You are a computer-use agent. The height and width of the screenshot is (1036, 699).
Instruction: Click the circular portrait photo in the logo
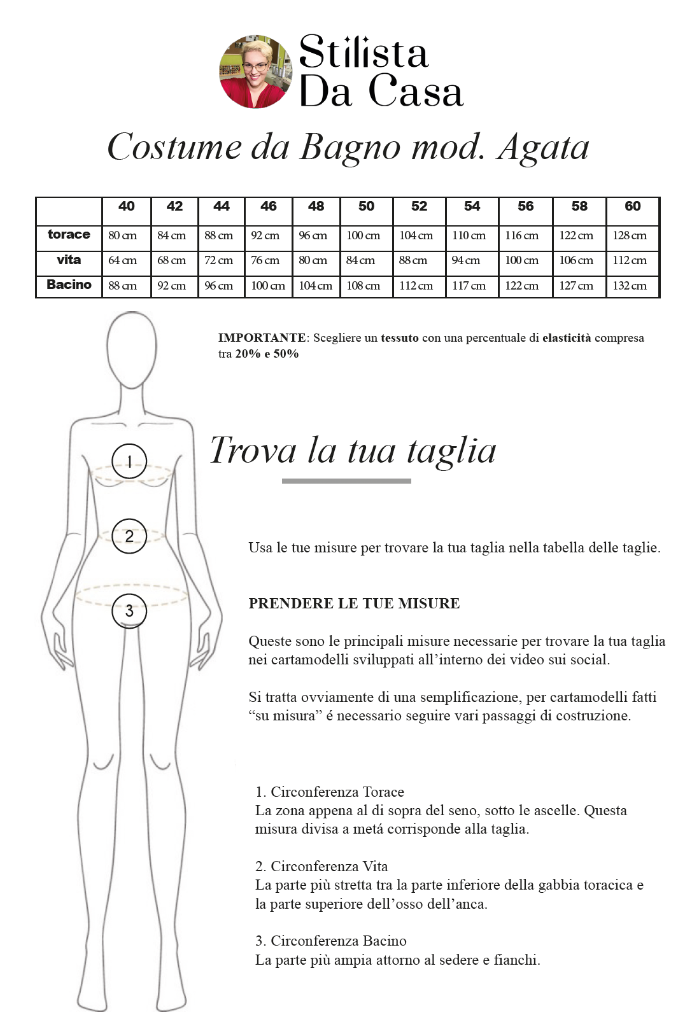point(255,71)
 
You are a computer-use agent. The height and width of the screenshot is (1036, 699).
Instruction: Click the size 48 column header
point(316,206)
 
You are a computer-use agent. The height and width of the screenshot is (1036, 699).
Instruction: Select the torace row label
point(69,234)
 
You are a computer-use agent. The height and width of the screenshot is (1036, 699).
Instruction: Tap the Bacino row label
point(69,284)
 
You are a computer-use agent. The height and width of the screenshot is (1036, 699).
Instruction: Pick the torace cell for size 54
point(469,235)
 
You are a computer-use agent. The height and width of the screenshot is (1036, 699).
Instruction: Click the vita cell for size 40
point(122,260)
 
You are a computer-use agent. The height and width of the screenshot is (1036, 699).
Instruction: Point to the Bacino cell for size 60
point(630,286)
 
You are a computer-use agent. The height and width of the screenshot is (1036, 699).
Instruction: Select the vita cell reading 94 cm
point(466,260)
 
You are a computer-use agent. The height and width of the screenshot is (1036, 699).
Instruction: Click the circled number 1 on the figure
point(129,461)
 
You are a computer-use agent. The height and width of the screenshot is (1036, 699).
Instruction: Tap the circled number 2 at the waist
point(129,536)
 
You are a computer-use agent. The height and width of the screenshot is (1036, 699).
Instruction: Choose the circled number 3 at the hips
point(129,611)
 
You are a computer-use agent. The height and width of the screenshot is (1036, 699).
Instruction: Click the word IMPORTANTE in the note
point(262,338)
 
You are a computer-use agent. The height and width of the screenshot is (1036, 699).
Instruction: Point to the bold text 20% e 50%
point(267,354)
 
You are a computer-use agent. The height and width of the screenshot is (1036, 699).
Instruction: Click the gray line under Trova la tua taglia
point(346,481)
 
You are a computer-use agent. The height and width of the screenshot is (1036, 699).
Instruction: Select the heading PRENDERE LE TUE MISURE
point(354,603)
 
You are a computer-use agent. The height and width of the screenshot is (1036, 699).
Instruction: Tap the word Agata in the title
point(544,148)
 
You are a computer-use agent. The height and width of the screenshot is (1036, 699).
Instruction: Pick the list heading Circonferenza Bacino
point(338,941)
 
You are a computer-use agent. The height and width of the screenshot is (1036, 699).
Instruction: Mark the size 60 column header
point(633,206)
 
